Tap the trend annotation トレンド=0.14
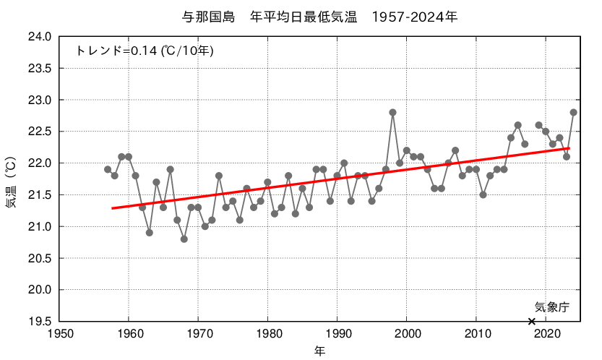[145, 51]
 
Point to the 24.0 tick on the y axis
[40, 37]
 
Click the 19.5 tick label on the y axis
[40, 322]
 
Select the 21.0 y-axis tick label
[40, 227]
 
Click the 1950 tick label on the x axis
[59, 335]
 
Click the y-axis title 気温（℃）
[10, 179]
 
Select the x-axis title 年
[319, 351]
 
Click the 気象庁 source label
[552, 307]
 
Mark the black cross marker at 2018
[532, 321]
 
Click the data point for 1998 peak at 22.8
[392, 112]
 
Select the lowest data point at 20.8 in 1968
[184, 239]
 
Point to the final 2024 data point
[573, 112]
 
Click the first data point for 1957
[108, 169]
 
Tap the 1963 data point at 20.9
[150, 233]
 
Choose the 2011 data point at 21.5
[483, 194]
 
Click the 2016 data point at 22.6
[517, 125]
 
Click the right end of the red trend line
[569, 148]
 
